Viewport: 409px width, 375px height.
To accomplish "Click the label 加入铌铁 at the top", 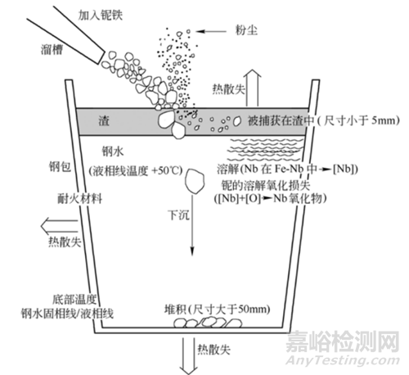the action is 101,15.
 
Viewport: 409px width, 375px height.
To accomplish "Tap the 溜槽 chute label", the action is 52,50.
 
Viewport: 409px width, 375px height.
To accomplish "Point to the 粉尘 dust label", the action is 246,30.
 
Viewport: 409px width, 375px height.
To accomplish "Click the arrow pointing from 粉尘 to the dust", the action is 211,31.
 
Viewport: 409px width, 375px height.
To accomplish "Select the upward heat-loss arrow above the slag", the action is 252,88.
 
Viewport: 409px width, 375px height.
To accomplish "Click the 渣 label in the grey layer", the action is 104,120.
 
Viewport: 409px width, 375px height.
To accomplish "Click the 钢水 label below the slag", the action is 113,151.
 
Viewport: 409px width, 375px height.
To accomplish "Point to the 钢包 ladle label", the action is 61,166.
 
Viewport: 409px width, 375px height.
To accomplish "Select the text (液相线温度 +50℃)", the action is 136,171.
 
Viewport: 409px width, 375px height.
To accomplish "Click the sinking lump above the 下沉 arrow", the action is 195,181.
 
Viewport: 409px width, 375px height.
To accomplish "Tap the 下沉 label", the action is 178,215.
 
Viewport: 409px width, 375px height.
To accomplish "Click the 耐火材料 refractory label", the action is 80,198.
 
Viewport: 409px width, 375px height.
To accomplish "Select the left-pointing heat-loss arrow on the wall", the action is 60,226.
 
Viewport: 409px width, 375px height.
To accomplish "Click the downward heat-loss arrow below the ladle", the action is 189,356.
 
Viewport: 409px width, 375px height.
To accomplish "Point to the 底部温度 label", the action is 74,300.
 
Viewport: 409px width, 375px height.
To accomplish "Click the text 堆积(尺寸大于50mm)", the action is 217,309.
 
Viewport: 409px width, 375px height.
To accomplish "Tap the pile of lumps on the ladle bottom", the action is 208,323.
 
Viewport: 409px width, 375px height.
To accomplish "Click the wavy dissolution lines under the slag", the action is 266,150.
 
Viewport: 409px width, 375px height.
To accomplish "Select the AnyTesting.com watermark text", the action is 343,360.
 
